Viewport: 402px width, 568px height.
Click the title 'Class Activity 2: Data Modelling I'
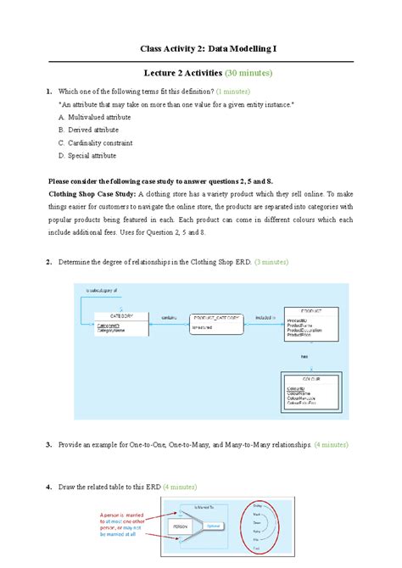pos(201,51)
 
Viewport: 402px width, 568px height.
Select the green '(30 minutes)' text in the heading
pos(248,74)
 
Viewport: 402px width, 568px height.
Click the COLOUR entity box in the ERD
pos(311,387)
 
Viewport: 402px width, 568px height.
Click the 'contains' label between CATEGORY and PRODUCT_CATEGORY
pos(170,315)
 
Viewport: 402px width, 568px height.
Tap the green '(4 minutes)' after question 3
pos(330,444)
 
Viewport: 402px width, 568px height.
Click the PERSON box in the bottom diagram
pos(181,526)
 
